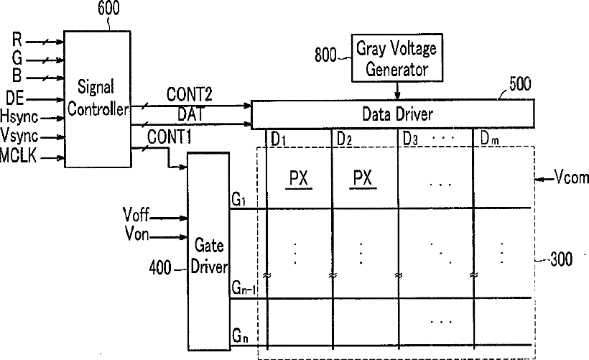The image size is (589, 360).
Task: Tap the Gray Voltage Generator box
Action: pos(397,59)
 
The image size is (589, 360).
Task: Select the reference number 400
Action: pos(159,268)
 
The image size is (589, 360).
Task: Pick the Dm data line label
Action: pos(489,138)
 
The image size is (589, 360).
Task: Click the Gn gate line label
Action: pos(240,336)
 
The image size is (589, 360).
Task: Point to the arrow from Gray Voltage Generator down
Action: pos(397,91)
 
